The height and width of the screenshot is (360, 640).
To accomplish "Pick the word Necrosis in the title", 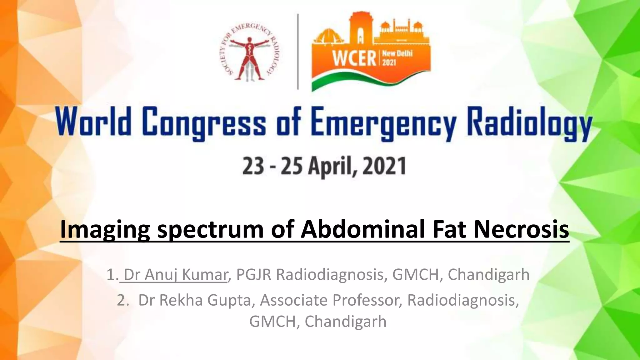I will point(521,229).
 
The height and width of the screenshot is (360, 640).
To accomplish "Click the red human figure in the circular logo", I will point(249,56).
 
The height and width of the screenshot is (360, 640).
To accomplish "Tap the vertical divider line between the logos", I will point(297,52).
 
